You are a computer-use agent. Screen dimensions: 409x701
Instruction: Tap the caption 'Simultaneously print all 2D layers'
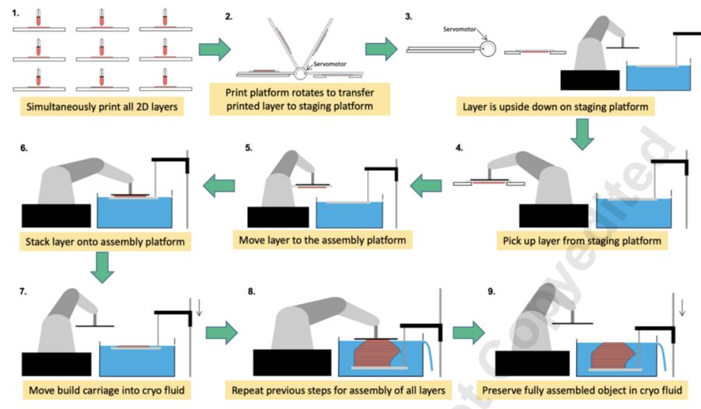tap(102, 106)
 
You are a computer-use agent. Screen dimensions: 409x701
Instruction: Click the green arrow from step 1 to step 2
tap(214, 50)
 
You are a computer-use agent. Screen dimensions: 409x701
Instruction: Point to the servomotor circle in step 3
tap(490, 50)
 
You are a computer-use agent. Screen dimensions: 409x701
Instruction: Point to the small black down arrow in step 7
tap(200, 313)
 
